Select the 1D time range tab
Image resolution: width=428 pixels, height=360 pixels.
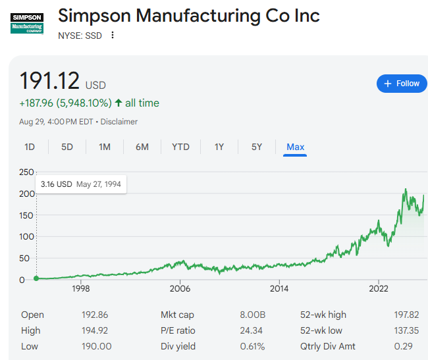(30, 147)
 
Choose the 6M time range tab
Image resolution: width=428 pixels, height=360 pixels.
(142, 147)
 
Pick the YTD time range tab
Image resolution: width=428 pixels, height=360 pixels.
(180, 147)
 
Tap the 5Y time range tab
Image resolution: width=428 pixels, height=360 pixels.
(257, 147)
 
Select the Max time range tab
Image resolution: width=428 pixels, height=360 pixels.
(296, 147)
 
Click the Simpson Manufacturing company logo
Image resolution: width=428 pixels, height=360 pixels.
(27, 24)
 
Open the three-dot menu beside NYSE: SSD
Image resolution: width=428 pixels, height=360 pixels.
(113, 36)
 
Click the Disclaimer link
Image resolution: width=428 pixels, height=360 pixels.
(119, 122)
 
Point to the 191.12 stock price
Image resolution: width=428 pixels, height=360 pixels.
(49, 80)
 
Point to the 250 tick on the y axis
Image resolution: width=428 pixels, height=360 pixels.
(26, 172)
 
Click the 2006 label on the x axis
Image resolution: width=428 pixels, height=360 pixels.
(180, 288)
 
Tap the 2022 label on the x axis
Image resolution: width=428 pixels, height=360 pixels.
(379, 288)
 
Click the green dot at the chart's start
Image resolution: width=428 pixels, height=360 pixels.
(36, 278)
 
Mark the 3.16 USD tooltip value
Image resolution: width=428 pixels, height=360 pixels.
(56, 184)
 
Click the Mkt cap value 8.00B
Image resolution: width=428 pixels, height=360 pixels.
(253, 315)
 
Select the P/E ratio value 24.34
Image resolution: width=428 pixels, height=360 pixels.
(252, 330)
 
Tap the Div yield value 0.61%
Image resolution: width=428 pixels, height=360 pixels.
(252, 346)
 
